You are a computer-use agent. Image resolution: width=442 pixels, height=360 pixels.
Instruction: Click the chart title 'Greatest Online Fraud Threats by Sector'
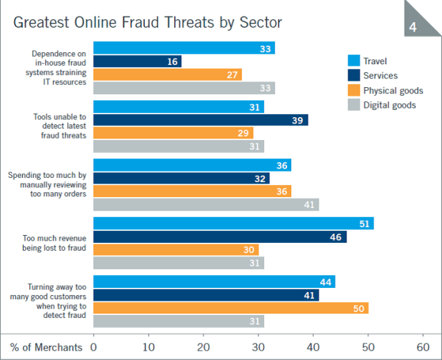click(148, 22)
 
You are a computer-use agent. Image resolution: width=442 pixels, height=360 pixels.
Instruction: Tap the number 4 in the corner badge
click(413, 27)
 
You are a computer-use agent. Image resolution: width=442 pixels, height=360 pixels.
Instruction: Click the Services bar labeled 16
click(137, 61)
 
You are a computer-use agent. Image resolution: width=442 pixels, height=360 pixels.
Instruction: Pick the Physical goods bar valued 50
click(231, 308)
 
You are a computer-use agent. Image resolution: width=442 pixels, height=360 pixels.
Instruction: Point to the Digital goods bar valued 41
click(206, 204)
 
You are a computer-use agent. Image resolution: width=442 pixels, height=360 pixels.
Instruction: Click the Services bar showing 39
click(201, 119)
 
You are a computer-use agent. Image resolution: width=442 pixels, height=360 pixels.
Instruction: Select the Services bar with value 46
click(220, 236)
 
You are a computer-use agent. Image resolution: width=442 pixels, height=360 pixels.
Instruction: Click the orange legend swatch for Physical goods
click(353, 90)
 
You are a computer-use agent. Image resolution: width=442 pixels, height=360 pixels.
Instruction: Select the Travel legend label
click(375, 61)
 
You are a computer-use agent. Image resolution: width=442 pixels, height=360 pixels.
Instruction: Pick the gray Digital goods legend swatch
click(353, 105)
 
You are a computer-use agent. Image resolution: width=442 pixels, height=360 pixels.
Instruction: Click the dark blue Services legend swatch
click(353, 75)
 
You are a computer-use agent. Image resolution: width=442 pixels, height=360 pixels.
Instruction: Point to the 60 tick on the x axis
click(423, 346)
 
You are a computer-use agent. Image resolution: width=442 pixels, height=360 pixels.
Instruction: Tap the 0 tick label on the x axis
click(94, 346)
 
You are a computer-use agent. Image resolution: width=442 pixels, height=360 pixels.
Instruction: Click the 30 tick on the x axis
click(258, 346)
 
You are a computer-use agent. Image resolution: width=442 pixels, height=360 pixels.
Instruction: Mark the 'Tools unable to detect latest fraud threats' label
click(59, 126)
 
